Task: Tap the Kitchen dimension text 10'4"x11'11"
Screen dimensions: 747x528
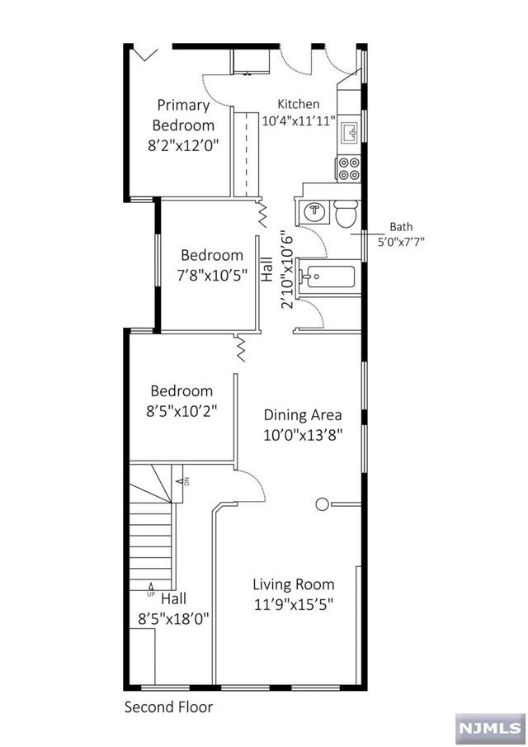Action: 298,121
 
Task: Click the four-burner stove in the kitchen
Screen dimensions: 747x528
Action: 348,168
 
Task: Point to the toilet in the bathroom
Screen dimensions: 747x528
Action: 346,213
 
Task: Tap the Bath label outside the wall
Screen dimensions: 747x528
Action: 401,227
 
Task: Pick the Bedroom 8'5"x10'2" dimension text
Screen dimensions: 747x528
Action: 181,410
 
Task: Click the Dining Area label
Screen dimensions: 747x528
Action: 302,415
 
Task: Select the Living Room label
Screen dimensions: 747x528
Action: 293,584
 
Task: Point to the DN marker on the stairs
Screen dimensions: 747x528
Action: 186,480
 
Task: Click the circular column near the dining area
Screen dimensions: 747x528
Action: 322,503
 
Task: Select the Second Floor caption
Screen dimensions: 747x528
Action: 168,707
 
